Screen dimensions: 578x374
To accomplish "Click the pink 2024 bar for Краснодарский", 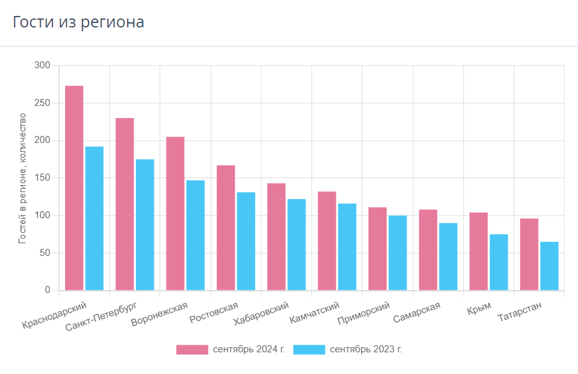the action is (x=74, y=188).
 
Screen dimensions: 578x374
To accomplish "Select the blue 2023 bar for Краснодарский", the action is (x=94, y=218).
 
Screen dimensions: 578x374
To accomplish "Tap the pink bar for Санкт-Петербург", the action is (x=124, y=204).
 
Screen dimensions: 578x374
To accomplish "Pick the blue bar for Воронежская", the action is (x=195, y=236).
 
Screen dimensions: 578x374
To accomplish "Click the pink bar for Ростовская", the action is (x=226, y=228).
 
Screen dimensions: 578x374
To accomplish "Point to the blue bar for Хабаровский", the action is (x=297, y=244).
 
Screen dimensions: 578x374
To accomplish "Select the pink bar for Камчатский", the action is (x=327, y=241).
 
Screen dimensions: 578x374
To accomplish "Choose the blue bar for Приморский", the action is (x=397, y=253).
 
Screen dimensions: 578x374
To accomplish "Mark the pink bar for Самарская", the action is (x=428, y=250).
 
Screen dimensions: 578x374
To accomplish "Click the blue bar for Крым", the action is (x=499, y=262).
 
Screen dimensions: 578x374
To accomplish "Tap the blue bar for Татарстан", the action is (x=549, y=266).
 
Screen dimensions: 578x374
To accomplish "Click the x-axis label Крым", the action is (x=479, y=308).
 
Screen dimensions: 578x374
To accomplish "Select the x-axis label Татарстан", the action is (x=520, y=311).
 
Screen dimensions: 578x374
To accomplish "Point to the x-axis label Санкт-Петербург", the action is (x=101, y=317).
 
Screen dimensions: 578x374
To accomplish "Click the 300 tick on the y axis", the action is (x=42, y=65).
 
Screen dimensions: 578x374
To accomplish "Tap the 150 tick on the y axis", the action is (x=42, y=178).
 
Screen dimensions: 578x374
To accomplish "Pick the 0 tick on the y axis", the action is (x=48, y=290).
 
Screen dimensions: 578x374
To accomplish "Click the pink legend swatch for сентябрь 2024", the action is (x=192, y=350).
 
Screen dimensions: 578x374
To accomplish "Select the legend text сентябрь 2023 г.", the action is (x=366, y=349).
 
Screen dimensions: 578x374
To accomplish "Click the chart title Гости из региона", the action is (x=78, y=22).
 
